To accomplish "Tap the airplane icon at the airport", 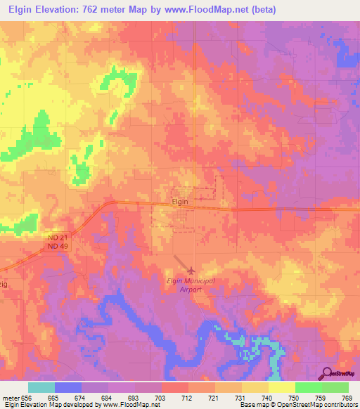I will click(192, 270).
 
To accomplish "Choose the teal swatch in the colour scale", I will click(41, 387).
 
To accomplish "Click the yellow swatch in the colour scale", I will click(281, 387).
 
